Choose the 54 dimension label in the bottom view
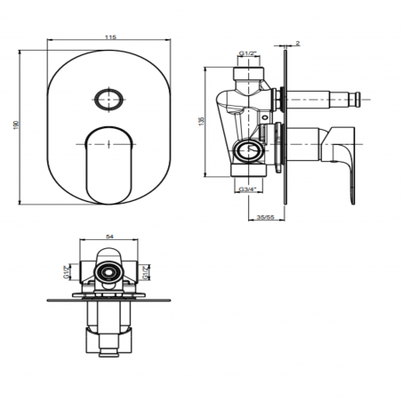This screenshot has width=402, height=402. (x=108, y=237)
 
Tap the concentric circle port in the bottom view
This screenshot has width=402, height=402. (x=108, y=273)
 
